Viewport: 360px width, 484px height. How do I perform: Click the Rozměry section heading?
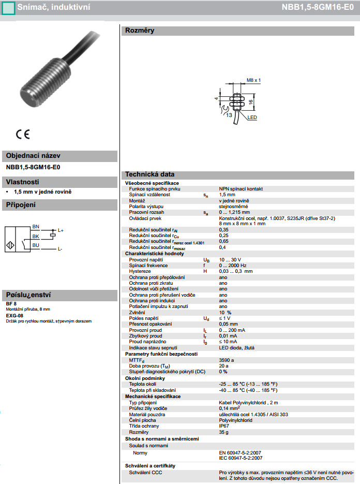tap(140, 31)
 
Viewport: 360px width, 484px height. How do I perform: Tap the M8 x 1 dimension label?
tap(253, 80)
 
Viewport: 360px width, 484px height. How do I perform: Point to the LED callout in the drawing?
tap(252, 118)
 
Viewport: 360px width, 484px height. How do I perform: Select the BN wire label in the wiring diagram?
tap(36, 227)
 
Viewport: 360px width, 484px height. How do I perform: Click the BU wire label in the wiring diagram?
tap(36, 245)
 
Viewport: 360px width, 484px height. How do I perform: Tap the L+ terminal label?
tap(61, 230)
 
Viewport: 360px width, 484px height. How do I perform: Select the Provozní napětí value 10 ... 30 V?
tap(230, 259)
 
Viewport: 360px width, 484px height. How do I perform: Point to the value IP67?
tap(224, 426)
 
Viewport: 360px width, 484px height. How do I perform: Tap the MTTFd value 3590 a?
tap(227, 360)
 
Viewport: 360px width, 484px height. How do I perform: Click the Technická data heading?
tap(149, 174)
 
